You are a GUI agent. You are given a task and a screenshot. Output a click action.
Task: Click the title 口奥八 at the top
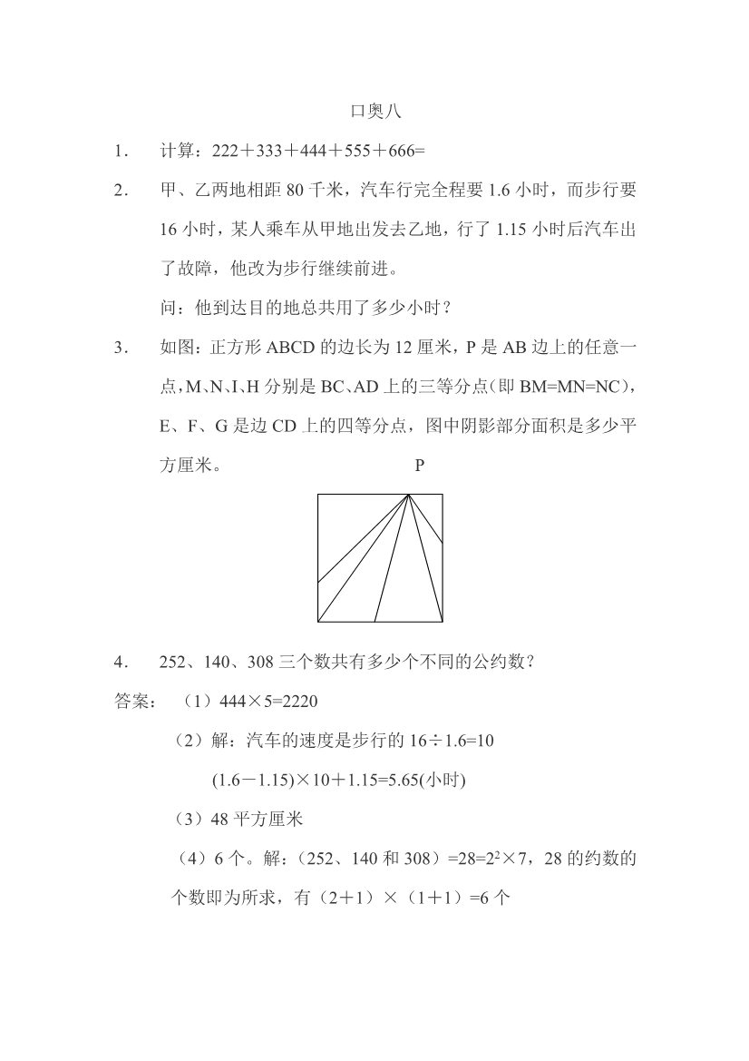click(374, 113)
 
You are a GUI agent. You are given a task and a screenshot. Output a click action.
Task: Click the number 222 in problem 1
click(224, 152)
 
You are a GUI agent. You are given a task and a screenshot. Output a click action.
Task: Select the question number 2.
click(119, 191)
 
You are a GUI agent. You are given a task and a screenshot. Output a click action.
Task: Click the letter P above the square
click(419, 466)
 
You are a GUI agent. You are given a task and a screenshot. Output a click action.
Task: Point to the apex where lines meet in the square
click(409, 495)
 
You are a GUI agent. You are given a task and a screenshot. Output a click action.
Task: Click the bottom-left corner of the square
click(318, 622)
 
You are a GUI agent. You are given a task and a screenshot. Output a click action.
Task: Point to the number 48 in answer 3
click(219, 820)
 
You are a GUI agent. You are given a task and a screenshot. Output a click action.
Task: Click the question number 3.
click(119, 348)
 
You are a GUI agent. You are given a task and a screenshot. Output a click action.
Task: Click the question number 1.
click(119, 152)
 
